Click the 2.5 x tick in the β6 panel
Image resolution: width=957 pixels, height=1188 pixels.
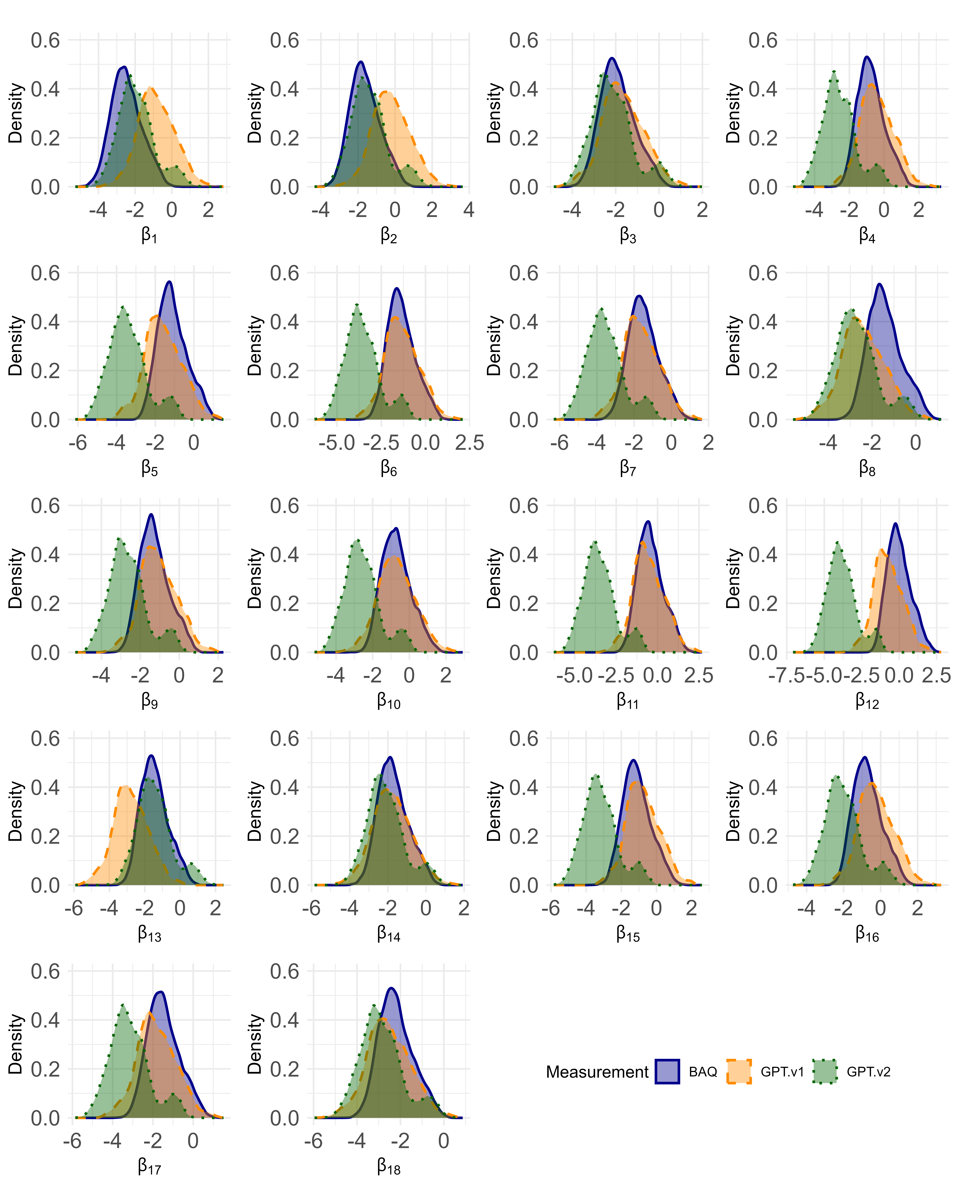[469, 443]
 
